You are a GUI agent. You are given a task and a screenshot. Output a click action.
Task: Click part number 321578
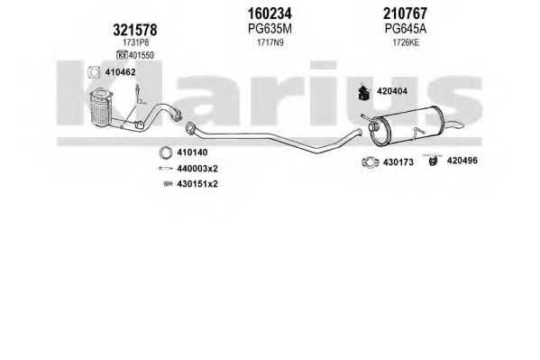(x=134, y=30)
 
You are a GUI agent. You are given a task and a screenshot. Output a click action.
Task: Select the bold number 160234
(x=270, y=14)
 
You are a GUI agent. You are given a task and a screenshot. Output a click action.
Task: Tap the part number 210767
(x=405, y=14)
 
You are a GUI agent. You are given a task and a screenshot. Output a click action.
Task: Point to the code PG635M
(x=270, y=29)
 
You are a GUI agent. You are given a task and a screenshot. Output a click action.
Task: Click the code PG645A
(x=406, y=29)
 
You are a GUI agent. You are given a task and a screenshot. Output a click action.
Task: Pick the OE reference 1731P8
(x=136, y=42)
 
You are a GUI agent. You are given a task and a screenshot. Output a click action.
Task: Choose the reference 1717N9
(x=270, y=42)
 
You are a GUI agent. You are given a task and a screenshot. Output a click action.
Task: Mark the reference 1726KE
(x=406, y=42)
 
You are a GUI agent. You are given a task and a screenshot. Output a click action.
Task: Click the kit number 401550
(x=142, y=55)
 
